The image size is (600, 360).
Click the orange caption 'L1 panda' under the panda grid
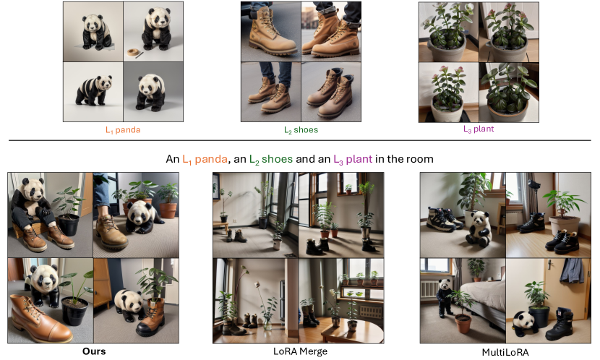coord(123,130)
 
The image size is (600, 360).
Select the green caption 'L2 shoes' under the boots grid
coord(301,130)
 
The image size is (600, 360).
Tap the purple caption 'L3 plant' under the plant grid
coord(479,129)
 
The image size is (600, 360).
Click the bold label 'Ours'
coord(94,351)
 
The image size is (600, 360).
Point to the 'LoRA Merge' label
coord(301,351)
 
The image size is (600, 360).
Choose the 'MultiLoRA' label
coord(505,352)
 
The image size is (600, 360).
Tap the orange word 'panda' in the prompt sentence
coord(211,159)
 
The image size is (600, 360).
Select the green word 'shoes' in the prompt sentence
coord(277,159)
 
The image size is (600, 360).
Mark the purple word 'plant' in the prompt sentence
coord(359,159)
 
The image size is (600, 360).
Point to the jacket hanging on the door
coord(572,271)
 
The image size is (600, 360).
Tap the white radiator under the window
coord(429,289)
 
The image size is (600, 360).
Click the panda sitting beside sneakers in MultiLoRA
coord(479,228)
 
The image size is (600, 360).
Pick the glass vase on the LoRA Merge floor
coord(267,324)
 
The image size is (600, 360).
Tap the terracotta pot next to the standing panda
coord(463,322)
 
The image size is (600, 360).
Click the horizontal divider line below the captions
coord(299,140)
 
